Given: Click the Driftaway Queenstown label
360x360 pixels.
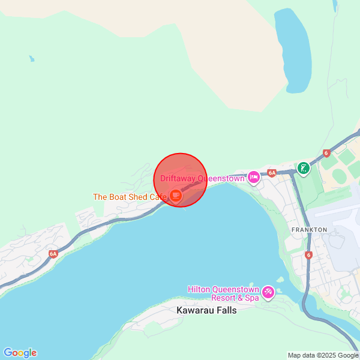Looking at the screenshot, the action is [x=202, y=178].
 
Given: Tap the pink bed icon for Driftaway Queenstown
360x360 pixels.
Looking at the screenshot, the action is [x=254, y=177].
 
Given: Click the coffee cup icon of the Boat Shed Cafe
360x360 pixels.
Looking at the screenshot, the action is [x=175, y=195].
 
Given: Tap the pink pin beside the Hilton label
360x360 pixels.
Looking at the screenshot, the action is [x=268, y=292].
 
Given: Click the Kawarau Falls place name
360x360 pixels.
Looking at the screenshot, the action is [x=206, y=311].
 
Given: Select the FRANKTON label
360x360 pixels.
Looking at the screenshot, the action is [x=309, y=230].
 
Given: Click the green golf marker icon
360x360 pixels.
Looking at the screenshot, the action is [x=304, y=167].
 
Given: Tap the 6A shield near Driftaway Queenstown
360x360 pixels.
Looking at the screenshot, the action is [x=272, y=173].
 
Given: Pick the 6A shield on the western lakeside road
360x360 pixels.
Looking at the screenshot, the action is [x=53, y=254].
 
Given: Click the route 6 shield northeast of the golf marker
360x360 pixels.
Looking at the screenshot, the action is [x=326, y=153].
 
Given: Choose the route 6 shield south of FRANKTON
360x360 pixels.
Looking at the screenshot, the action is [x=308, y=255].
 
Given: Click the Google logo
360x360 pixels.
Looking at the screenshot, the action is [x=20, y=353].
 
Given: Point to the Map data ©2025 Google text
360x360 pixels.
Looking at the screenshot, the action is [x=322, y=355].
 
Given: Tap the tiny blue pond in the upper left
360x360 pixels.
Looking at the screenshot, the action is [x=31, y=59].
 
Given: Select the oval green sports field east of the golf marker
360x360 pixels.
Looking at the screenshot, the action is [x=340, y=176].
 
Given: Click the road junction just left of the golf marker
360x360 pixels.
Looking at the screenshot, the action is [x=293, y=171].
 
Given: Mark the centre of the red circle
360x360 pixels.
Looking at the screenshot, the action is [x=181, y=180].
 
